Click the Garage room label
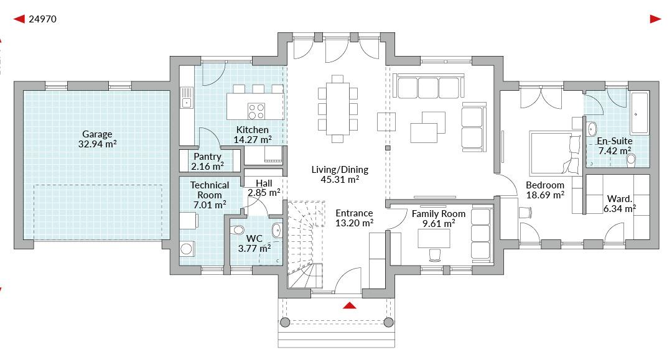click(97, 134)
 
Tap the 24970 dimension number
click(42, 19)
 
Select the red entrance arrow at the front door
click(350, 305)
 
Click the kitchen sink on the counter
click(187, 98)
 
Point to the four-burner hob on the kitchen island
click(256, 111)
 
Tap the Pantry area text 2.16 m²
click(207, 166)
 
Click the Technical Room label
click(210, 190)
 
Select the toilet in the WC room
click(237, 231)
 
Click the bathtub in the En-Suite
click(640, 113)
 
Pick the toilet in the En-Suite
click(631, 160)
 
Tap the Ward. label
click(620, 199)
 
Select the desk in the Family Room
click(434, 238)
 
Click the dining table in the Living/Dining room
click(337, 109)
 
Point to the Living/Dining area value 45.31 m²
click(340, 179)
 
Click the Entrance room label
click(354, 213)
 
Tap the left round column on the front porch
click(284, 322)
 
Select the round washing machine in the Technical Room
click(187, 249)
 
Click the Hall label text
click(264, 183)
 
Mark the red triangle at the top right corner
click(655, 19)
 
